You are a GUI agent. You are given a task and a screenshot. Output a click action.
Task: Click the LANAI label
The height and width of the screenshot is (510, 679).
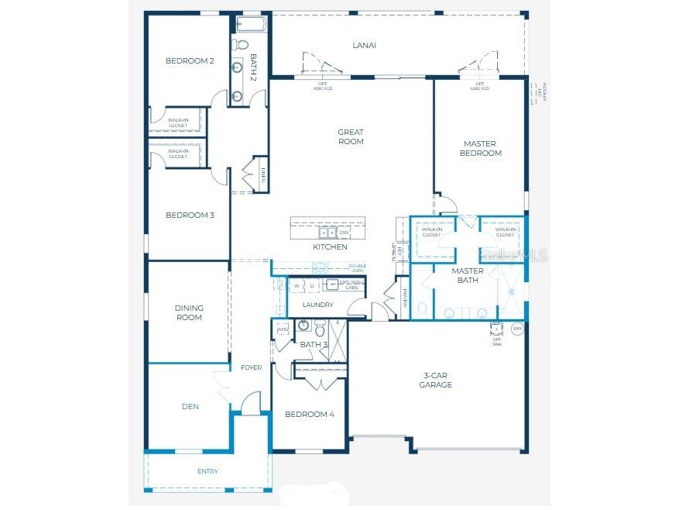pos(364,45)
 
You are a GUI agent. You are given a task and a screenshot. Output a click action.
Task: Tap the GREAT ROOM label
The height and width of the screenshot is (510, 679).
pos(351,137)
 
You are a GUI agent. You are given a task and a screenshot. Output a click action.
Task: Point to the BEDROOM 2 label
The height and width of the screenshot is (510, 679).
pos(190,60)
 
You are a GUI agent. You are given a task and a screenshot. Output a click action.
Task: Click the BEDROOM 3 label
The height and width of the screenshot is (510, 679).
pos(190,215)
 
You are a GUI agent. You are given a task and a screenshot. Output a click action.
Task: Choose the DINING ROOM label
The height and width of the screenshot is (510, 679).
pos(189,312)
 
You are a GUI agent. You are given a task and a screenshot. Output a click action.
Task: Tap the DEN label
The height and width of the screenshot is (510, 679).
pos(190,405)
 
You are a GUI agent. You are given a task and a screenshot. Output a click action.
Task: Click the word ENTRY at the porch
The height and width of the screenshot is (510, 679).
pos(207,471)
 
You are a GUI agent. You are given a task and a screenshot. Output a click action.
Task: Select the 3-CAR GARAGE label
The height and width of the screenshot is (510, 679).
pos(435,380)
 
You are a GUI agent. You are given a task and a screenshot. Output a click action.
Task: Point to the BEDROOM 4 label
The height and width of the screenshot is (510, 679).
pos(310,415)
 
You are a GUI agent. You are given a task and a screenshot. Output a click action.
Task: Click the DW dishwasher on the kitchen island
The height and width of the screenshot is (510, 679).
pos(344,232)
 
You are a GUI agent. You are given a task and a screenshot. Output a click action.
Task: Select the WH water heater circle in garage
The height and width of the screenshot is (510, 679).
pos(518,329)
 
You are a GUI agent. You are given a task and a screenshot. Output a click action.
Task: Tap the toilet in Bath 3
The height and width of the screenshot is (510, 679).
pos(320,329)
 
